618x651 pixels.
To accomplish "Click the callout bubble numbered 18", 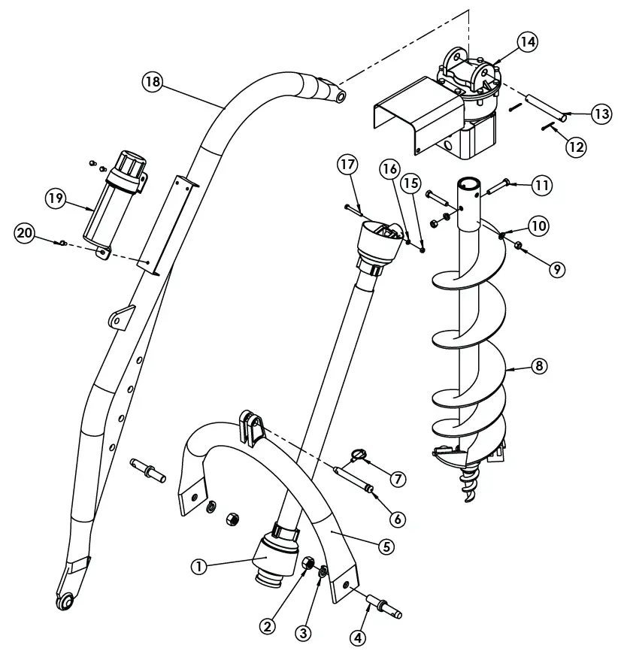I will [x=153, y=82].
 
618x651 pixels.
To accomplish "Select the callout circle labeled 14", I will [x=527, y=42].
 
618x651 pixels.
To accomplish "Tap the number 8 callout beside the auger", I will [x=538, y=367].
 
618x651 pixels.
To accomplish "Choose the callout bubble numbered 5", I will [x=386, y=547].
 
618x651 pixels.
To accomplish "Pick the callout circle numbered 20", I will [x=25, y=234].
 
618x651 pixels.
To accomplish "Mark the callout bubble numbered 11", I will [x=542, y=183].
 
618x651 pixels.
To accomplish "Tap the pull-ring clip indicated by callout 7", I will [x=359, y=453].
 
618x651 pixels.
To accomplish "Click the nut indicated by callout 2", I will [x=307, y=564].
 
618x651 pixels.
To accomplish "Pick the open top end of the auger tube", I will [x=470, y=182].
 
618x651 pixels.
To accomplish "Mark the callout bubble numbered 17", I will [x=347, y=163].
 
